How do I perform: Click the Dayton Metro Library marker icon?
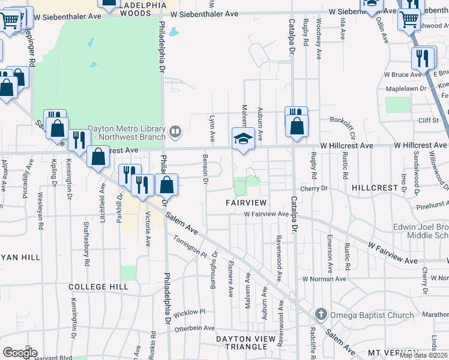(175, 130)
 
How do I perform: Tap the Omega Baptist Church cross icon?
(321, 314)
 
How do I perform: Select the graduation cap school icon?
(243, 139)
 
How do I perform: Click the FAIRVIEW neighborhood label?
(246, 203)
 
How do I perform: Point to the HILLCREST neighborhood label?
(375, 188)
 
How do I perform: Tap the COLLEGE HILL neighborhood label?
(98, 287)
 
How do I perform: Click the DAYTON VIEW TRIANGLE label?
(250, 343)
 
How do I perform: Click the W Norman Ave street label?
(324, 279)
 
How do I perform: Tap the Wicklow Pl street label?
(189, 313)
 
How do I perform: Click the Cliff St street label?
(429, 120)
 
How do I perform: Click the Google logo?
(20, 353)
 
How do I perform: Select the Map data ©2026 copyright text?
(424, 355)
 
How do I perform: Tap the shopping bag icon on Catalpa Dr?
(297, 127)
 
